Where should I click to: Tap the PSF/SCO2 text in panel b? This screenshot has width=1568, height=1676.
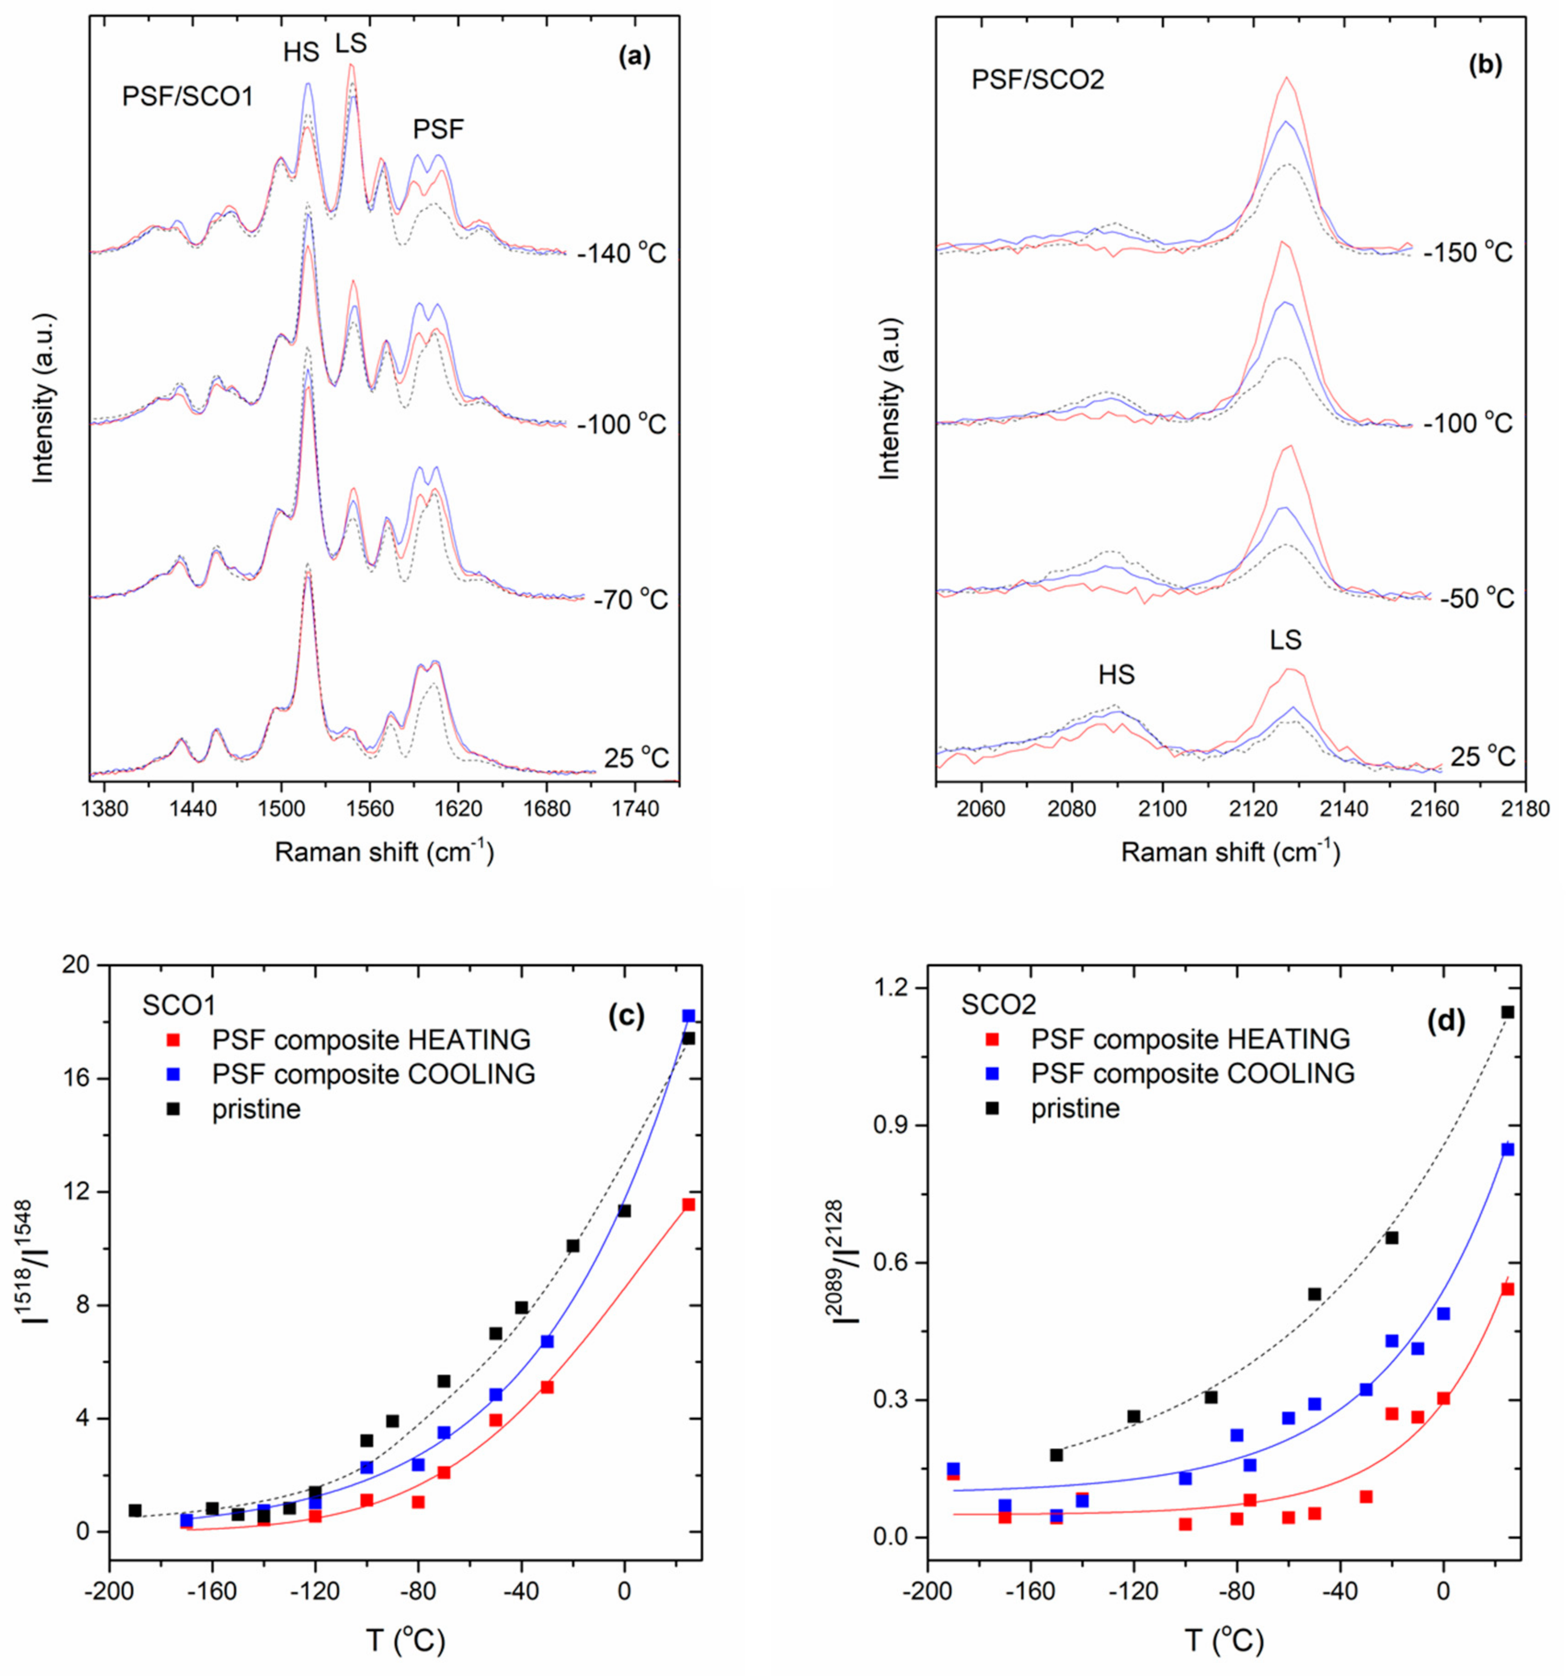coord(1037,80)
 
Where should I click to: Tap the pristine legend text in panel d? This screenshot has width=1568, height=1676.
coord(1076,1108)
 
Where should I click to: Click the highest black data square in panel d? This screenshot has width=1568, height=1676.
coord(1507,1011)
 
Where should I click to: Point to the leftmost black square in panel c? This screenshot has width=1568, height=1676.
coord(135,1510)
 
